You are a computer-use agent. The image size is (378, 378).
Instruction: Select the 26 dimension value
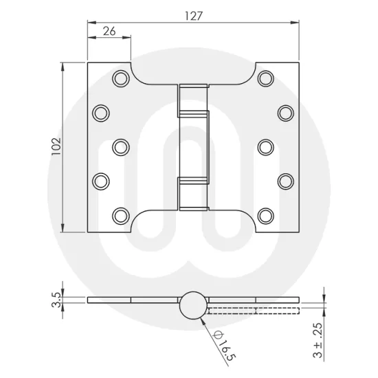pyautogui.click(x=108, y=32)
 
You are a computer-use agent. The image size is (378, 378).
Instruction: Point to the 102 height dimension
pyautogui.click(x=56, y=146)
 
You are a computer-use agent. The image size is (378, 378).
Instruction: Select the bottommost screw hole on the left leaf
pyautogui.click(x=120, y=214)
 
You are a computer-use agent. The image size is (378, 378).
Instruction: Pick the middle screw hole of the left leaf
pyautogui.click(x=120, y=146)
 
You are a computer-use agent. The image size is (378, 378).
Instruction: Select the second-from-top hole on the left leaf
pyautogui.click(x=102, y=111)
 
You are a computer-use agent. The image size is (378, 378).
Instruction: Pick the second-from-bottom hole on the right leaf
pyautogui.click(x=286, y=180)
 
